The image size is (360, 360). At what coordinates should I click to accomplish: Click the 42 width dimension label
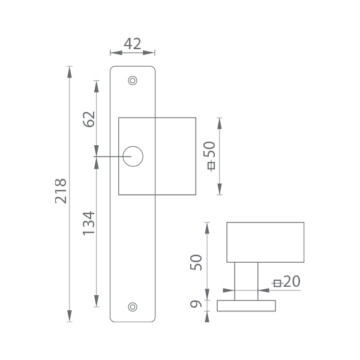[132, 44]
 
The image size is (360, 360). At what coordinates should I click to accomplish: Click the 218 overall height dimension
[61, 191]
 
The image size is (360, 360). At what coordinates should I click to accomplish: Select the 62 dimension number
[89, 119]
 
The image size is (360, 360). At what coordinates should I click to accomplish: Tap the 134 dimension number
[89, 223]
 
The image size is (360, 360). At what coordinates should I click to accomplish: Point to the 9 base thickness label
[196, 304]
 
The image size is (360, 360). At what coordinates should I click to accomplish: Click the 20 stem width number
[292, 281]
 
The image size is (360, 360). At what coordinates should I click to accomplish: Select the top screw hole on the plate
[133, 80]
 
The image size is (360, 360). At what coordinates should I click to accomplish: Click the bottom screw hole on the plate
[133, 307]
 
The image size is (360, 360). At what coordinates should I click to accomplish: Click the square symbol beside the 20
[277, 283]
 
